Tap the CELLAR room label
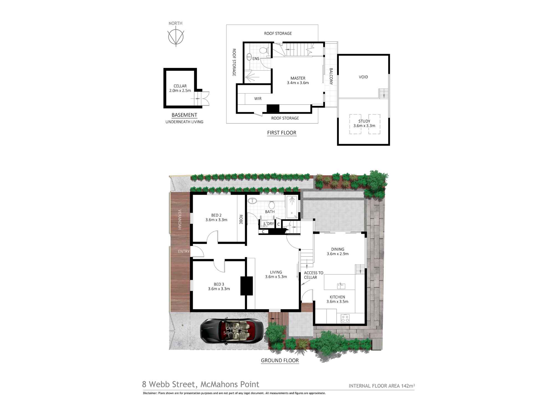tap(180, 86)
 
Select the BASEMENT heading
tap(184, 115)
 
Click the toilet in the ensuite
tap(264, 50)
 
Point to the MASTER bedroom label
tap(298, 78)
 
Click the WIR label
tap(258, 98)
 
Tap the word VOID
tap(363, 77)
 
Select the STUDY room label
tap(364, 121)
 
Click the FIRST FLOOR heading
tap(282, 133)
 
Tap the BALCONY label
tap(331, 76)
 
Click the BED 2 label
tap(216, 215)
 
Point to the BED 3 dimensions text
tap(219, 289)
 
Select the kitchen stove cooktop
tap(345, 318)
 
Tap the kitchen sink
tap(341, 286)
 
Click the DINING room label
tap(337, 249)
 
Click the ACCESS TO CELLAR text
tap(313, 275)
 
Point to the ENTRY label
tap(183, 251)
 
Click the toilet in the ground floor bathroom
tap(272, 205)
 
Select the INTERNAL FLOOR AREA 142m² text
tap(381, 386)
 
